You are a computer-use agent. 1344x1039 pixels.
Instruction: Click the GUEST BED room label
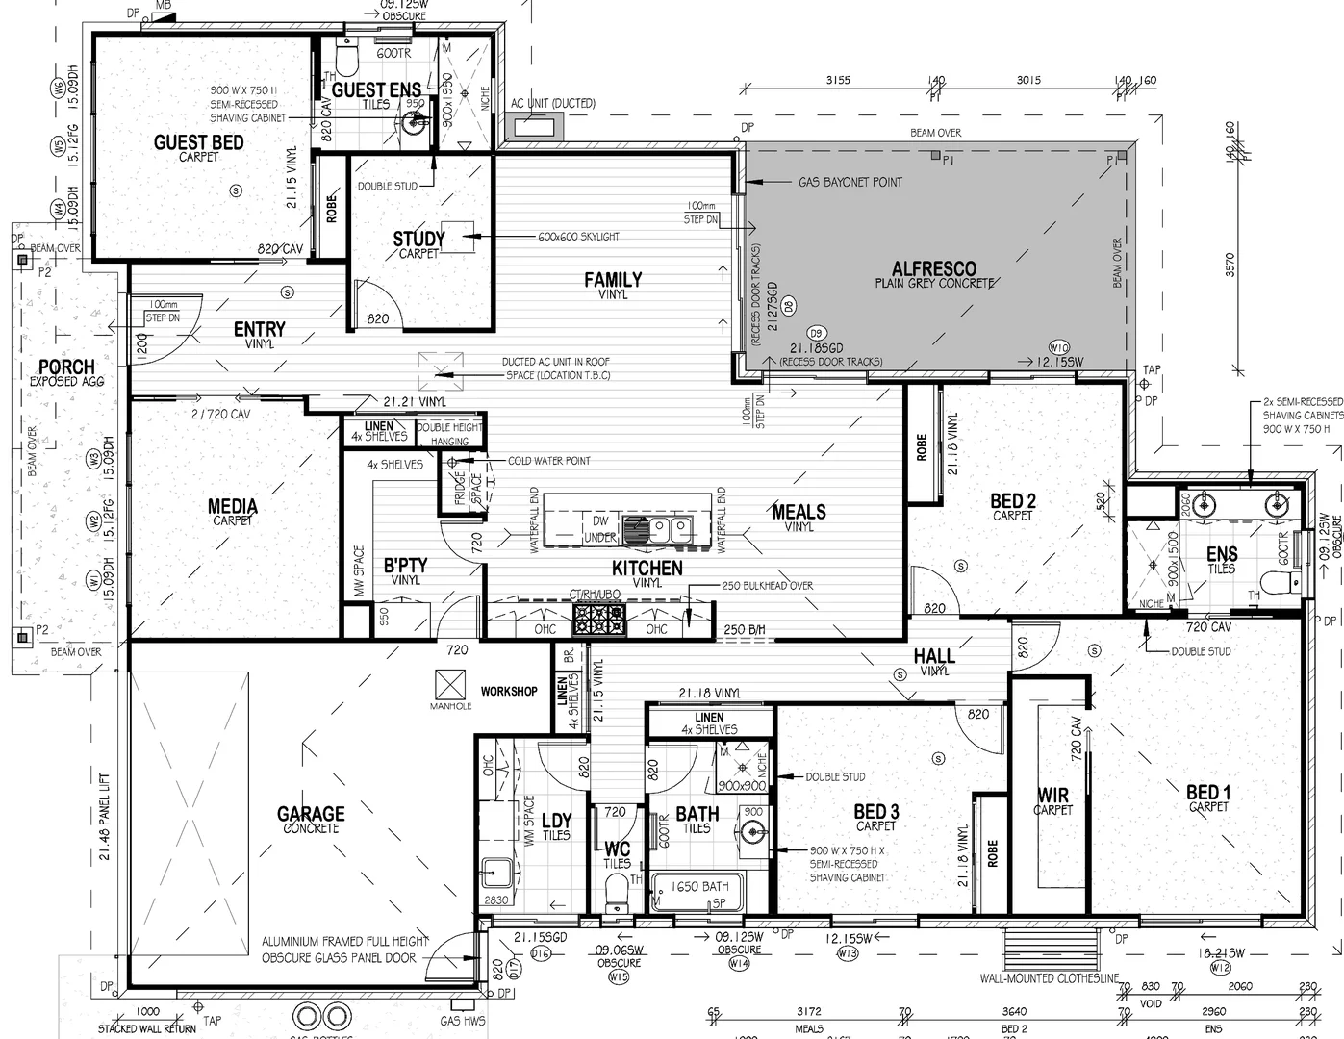click(198, 143)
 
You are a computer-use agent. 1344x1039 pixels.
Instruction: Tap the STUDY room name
click(418, 239)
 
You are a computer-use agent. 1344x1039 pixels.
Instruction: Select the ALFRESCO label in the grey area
click(933, 269)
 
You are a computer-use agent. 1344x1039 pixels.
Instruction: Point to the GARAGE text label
click(311, 814)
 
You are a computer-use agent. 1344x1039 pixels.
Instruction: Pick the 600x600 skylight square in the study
click(460, 237)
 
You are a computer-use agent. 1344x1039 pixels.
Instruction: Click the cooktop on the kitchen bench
click(598, 620)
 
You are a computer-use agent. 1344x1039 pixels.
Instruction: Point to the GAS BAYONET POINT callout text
click(850, 182)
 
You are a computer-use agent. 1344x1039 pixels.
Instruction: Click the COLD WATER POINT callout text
click(549, 461)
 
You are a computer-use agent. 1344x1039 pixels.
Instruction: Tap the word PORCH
click(66, 367)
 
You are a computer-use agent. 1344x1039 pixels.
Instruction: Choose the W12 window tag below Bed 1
click(1220, 967)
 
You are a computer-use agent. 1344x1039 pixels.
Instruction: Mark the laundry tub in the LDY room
click(496, 873)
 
